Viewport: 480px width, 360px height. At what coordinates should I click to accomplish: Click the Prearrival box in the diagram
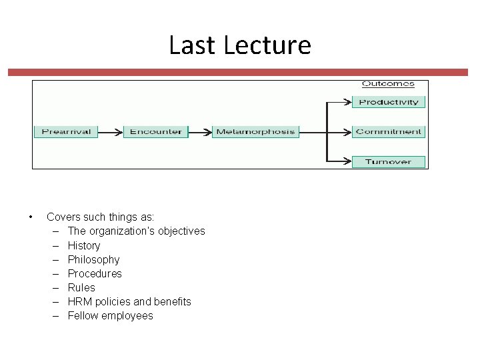click(x=66, y=131)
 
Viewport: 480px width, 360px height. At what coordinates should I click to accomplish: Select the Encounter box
click(x=156, y=131)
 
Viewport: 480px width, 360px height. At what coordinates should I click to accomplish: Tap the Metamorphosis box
click(x=255, y=131)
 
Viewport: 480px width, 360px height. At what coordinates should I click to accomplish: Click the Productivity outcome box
click(x=389, y=102)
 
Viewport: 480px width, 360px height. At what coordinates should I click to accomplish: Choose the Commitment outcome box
click(x=389, y=131)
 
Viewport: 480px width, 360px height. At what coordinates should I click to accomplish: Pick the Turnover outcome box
click(x=389, y=161)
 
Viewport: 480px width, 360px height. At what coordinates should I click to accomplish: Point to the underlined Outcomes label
click(x=388, y=84)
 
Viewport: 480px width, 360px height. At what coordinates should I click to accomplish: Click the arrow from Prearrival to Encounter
click(x=111, y=131)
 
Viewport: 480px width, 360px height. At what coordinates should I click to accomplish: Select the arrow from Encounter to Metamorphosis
click(x=200, y=131)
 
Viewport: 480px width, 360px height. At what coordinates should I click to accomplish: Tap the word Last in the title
click(x=193, y=45)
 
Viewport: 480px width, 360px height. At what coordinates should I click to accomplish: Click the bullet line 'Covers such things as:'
click(x=100, y=217)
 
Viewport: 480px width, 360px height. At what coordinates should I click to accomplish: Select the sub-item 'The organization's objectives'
click(x=136, y=231)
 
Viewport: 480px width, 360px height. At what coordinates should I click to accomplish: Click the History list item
click(x=84, y=245)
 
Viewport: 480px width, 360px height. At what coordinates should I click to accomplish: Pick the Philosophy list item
click(x=93, y=259)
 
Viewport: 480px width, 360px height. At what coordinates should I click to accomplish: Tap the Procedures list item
click(x=95, y=273)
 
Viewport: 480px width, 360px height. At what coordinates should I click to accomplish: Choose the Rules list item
click(x=81, y=287)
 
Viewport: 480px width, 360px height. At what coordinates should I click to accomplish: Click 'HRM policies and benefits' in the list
click(x=129, y=301)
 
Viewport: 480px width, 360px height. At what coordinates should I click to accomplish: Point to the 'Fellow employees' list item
click(x=110, y=315)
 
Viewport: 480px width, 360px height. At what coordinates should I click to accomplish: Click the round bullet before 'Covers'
click(x=31, y=217)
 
